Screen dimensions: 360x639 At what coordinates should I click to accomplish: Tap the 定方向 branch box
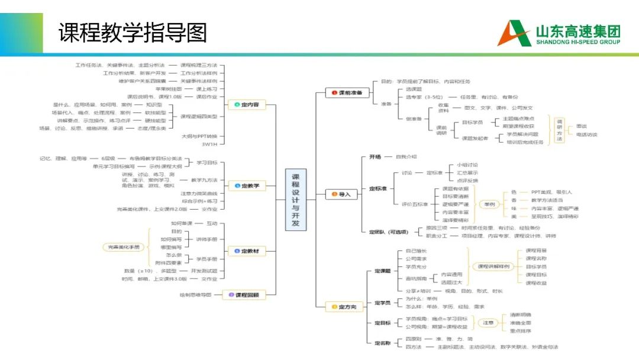click(343, 307)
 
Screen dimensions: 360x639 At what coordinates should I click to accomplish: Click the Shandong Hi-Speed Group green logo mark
click(514, 33)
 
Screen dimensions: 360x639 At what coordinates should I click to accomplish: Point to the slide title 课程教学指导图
click(133, 33)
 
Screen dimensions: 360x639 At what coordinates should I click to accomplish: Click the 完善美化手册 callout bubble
click(121, 247)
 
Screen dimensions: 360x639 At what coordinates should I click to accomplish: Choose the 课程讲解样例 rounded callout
click(493, 266)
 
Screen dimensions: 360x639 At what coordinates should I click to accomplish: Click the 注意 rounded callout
click(488, 323)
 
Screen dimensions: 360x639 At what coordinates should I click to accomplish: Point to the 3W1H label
click(209, 144)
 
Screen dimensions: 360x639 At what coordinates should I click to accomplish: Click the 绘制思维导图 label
click(196, 295)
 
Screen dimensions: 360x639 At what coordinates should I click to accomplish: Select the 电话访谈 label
click(587, 134)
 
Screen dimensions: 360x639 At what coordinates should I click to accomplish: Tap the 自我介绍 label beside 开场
click(406, 157)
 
